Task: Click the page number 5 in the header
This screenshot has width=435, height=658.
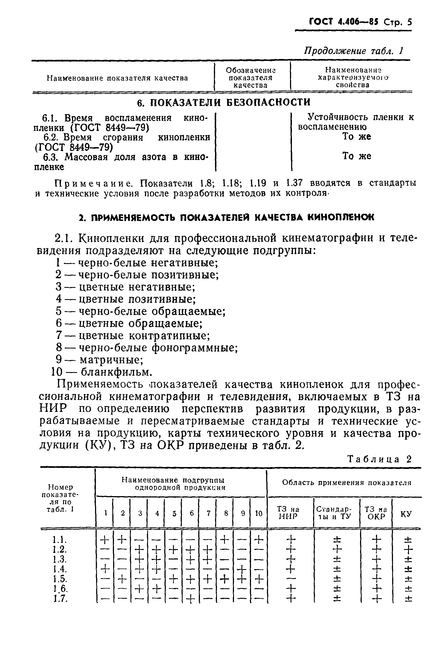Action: pos(409,22)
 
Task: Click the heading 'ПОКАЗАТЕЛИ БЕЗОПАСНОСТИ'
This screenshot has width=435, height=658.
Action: pos(224,102)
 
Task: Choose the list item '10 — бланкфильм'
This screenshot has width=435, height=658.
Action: pos(102,372)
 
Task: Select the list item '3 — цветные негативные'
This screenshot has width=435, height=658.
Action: pos(126,287)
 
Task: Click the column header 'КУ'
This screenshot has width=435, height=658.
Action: pos(406,514)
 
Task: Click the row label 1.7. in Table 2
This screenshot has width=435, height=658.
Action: pos(60,599)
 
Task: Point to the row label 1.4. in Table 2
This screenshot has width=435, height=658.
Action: pos(60,569)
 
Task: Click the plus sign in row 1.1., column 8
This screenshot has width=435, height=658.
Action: pos(225,539)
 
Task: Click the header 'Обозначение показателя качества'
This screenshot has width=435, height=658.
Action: pos(250,78)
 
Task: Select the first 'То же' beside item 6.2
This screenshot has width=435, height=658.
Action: pos(356,137)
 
